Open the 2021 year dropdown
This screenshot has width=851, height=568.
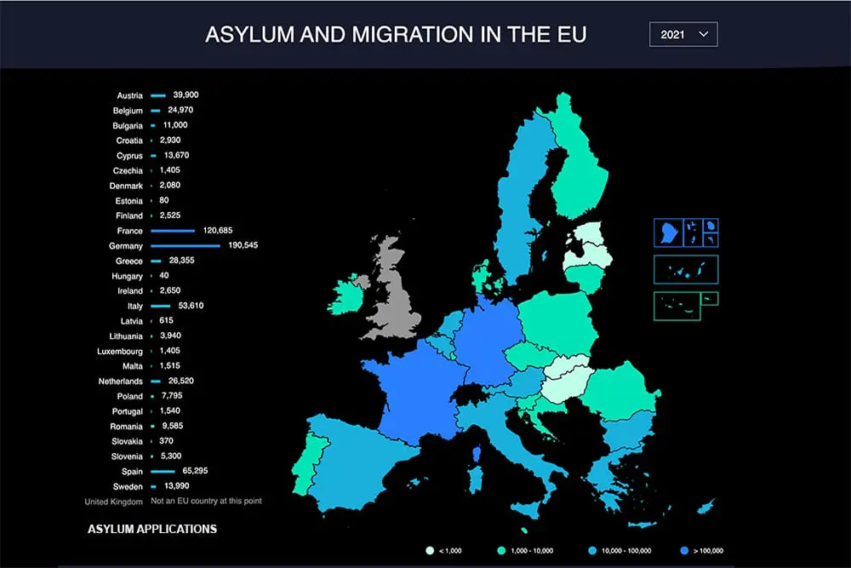tap(683, 35)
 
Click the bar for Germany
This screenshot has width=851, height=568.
tap(186, 245)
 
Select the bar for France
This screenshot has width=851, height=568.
tap(173, 231)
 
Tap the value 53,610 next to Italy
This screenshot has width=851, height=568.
tap(191, 306)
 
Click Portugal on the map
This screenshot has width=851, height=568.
tap(303, 464)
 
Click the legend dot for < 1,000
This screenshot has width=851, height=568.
tap(431, 551)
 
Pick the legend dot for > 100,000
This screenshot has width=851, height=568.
tap(684, 551)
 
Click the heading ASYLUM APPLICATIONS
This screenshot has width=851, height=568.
tap(152, 530)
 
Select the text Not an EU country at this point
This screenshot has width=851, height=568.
tap(206, 501)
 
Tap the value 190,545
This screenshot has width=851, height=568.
tap(243, 245)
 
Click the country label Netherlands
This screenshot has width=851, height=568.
tap(121, 382)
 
